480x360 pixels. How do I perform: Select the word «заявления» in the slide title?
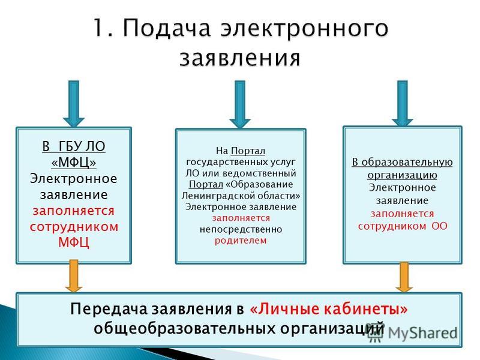(x=240, y=58)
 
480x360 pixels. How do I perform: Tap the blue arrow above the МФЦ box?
(x=74, y=103)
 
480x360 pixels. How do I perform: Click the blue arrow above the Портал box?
(x=240, y=104)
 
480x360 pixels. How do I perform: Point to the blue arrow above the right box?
(x=402, y=103)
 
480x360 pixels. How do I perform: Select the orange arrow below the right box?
(x=404, y=277)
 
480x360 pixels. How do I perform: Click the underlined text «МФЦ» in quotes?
(x=74, y=162)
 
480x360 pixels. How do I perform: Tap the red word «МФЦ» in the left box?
(x=74, y=242)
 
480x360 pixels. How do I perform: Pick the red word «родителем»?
(x=241, y=241)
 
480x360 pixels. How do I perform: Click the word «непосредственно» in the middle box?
(x=241, y=229)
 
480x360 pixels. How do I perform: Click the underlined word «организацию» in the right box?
(x=402, y=175)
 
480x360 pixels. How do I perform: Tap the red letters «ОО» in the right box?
(x=440, y=226)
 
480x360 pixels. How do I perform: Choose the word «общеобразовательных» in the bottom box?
(x=185, y=329)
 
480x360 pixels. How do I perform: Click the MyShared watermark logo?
(x=412, y=333)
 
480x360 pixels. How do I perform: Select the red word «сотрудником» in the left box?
(x=74, y=227)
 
